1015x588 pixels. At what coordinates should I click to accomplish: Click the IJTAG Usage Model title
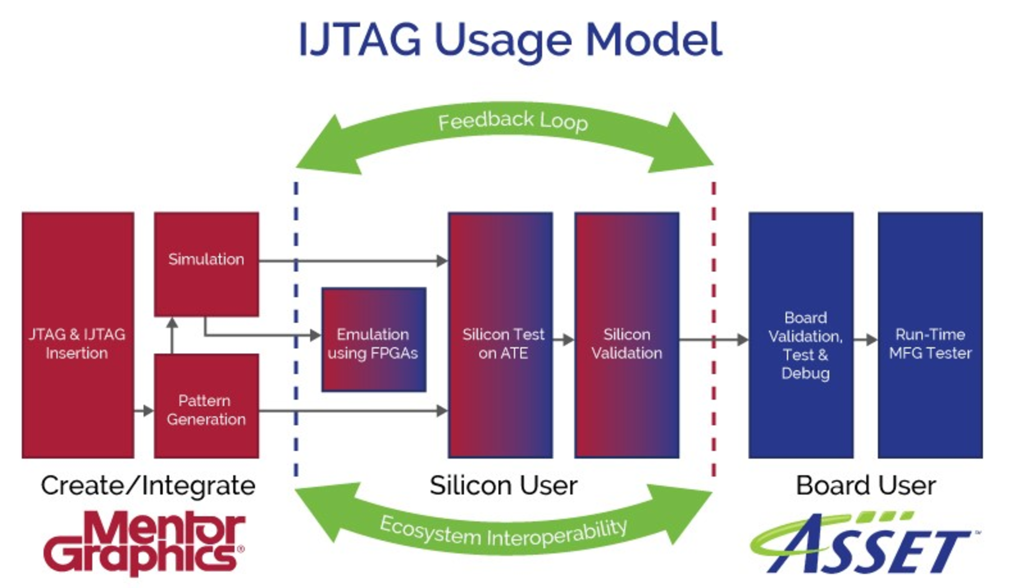510,40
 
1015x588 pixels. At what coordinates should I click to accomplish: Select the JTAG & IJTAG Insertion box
78,335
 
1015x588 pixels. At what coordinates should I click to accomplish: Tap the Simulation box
206,264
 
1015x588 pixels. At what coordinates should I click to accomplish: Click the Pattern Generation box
206,406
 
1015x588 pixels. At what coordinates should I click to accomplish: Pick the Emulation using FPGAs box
374,340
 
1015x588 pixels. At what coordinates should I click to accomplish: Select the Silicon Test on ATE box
501,335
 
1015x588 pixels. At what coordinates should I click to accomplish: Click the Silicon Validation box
627,335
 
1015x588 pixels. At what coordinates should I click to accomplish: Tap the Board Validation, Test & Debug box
801,335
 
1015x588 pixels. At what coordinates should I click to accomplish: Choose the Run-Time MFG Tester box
930,335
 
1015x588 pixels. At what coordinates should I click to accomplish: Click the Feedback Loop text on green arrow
512,121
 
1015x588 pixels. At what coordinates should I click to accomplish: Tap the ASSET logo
862,543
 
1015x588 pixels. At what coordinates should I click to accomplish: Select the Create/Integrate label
148,486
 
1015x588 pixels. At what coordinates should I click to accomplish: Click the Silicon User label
503,486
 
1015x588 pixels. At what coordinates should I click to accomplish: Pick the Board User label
865,486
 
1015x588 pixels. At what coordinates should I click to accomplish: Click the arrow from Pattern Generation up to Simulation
172,335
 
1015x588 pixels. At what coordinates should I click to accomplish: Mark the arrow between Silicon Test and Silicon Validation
564,340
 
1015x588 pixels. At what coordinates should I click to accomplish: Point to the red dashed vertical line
714,328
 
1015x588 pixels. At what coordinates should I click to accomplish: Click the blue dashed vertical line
296,328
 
